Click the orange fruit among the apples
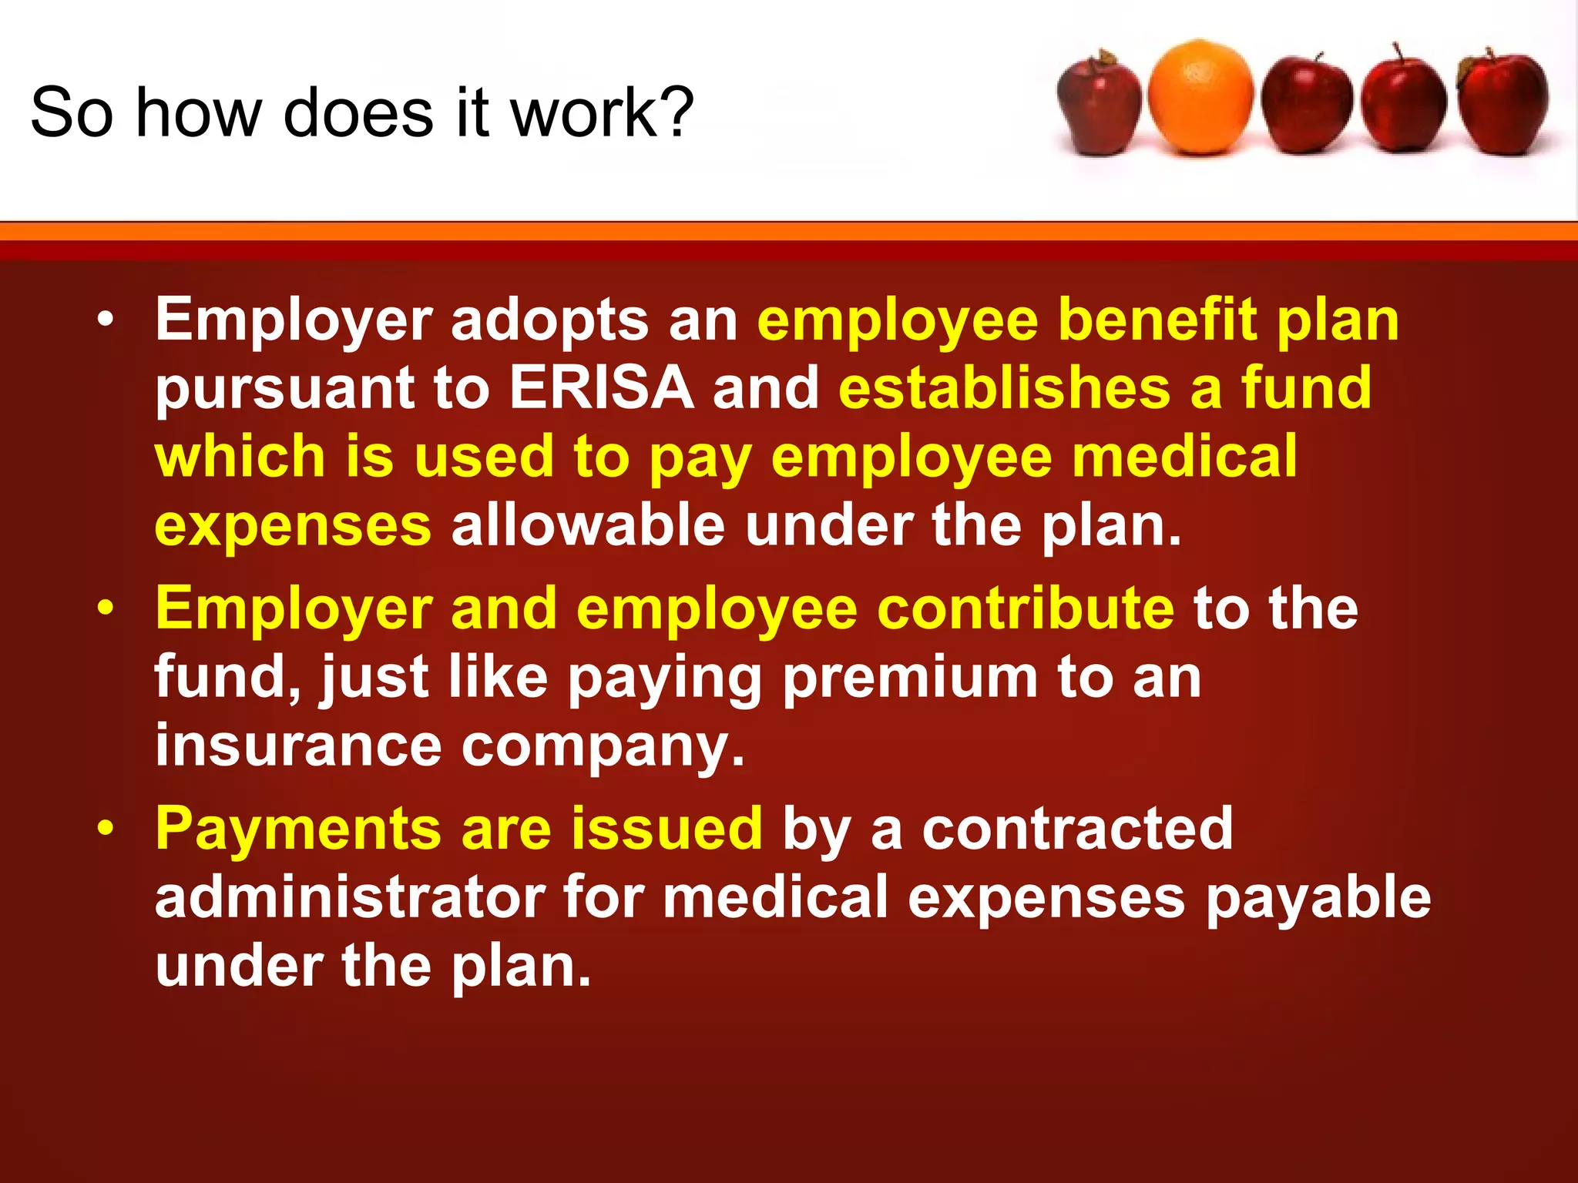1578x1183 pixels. tap(1200, 98)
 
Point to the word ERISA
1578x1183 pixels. tap(602, 387)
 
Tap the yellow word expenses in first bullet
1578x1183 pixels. tap(293, 526)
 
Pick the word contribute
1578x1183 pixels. tap(1026, 608)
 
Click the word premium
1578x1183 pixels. tap(910, 678)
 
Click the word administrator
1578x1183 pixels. tap(351, 897)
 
